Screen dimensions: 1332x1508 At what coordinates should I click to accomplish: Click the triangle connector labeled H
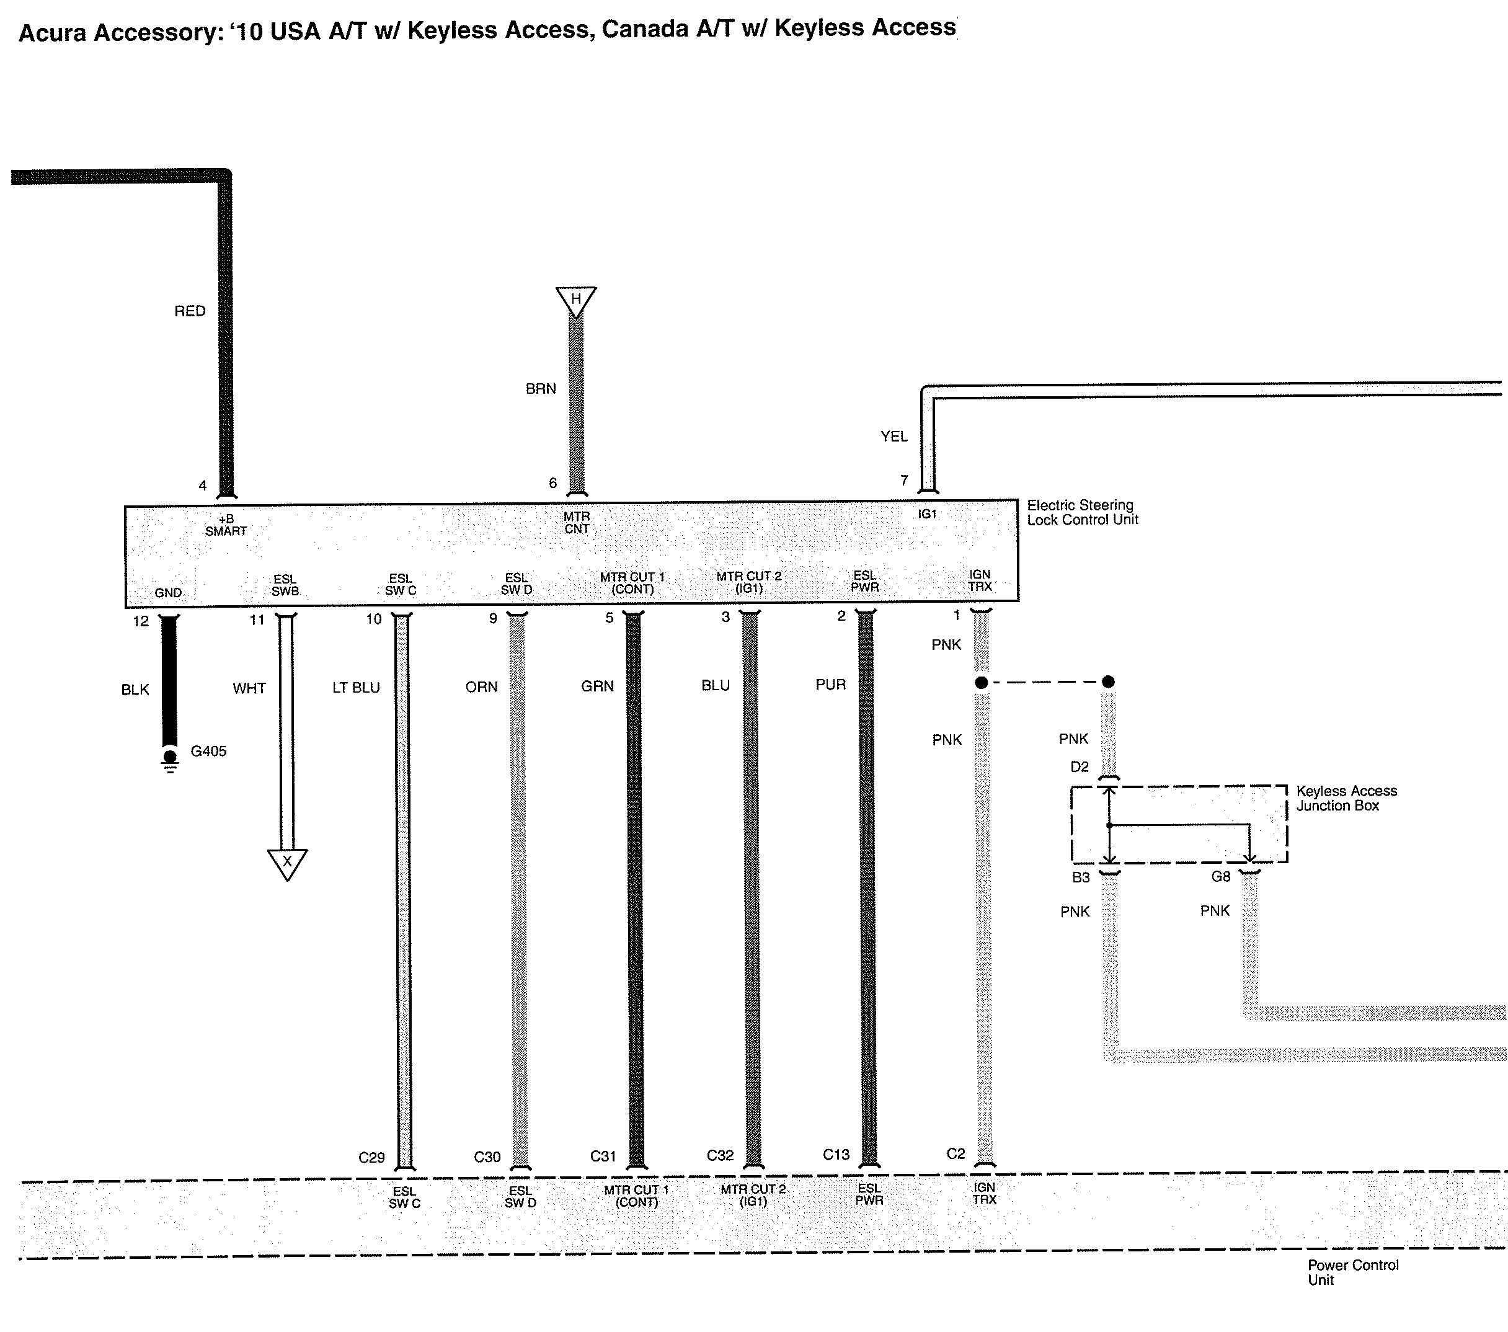point(576,300)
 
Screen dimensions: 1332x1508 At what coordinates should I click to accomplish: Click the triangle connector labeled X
point(287,861)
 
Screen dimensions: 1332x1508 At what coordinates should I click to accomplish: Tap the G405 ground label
point(208,751)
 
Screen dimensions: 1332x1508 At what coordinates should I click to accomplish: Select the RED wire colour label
point(190,311)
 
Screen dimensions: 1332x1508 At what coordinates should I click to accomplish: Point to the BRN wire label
point(541,389)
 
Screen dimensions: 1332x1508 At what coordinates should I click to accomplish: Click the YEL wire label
point(894,437)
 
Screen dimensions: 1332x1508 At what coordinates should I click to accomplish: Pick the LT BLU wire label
point(355,688)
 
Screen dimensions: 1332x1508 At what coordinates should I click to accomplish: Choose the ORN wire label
point(481,687)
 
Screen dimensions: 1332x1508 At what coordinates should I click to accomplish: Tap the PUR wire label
point(830,685)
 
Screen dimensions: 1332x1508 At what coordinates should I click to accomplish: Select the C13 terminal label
point(836,1154)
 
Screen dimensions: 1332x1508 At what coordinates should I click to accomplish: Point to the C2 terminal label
point(956,1153)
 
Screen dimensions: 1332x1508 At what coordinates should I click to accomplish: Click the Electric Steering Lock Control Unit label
point(1082,512)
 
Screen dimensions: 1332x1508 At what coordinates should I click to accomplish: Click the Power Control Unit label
point(1352,1272)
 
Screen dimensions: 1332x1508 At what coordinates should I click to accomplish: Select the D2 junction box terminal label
point(1080,766)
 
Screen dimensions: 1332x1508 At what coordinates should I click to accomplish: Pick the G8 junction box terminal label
point(1221,877)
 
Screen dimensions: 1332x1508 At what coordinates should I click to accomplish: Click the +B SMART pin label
point(226,525)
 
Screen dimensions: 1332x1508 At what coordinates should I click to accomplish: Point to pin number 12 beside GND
point(140,621)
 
